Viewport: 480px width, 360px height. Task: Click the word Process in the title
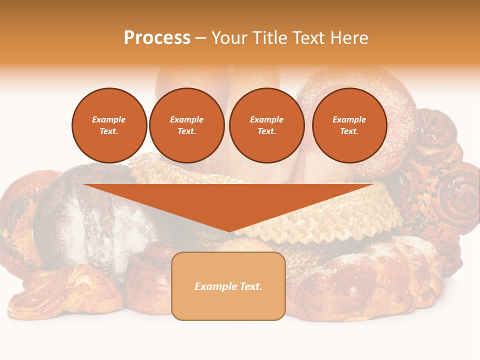[x=157, y=38]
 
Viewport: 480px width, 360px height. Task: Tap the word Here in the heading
[x=348, y=38]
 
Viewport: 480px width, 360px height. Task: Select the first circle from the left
[x=109, y=125]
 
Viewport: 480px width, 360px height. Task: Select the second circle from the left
[x=186, y=125]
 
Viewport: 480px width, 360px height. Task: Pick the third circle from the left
[x=266, y=125]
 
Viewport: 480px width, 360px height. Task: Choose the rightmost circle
[x=349, y=125]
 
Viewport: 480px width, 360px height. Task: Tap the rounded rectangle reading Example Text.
[x=228, y=286]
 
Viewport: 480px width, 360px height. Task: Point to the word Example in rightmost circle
[x=349, y=119]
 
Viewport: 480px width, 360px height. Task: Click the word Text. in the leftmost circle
[x=109, y=131]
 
